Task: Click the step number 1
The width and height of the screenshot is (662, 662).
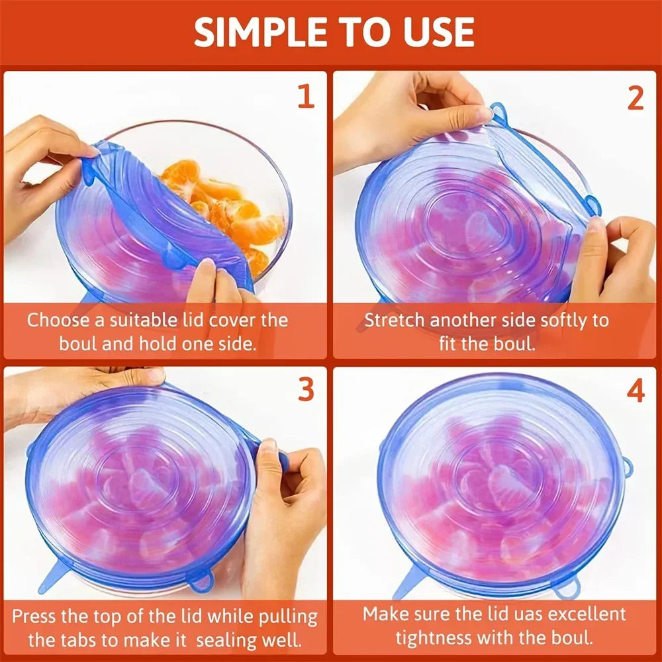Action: (305, 97)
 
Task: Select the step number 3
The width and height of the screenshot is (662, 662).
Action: (305, 390)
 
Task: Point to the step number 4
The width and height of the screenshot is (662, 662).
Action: (635, 391)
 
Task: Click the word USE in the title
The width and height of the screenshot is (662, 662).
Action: (436, 31)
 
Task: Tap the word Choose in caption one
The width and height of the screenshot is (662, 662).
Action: (58, 320)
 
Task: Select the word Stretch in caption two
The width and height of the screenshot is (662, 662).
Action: (395, 320)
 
